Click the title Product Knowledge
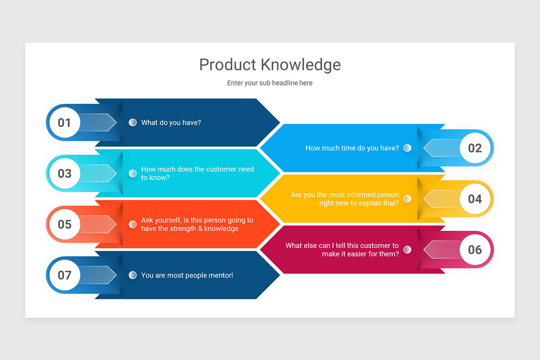coord(270,65)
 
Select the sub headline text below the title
coord(270,83)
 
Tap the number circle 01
coord(64,122)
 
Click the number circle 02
coord(475,148)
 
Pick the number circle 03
coord(64,173)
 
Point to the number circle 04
coord(475,199)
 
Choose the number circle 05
coord(64,224)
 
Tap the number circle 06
coord(475,250)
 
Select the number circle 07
coord(64,275)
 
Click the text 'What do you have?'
coord(171,122)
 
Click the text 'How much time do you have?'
coord(352,148)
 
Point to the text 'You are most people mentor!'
coord(187,275)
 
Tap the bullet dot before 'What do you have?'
coord(133,122)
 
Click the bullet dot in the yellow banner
coord(407,199)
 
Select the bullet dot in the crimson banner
coord(407,250)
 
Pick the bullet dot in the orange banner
coord(133,224)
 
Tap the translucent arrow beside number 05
coord(98,224)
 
